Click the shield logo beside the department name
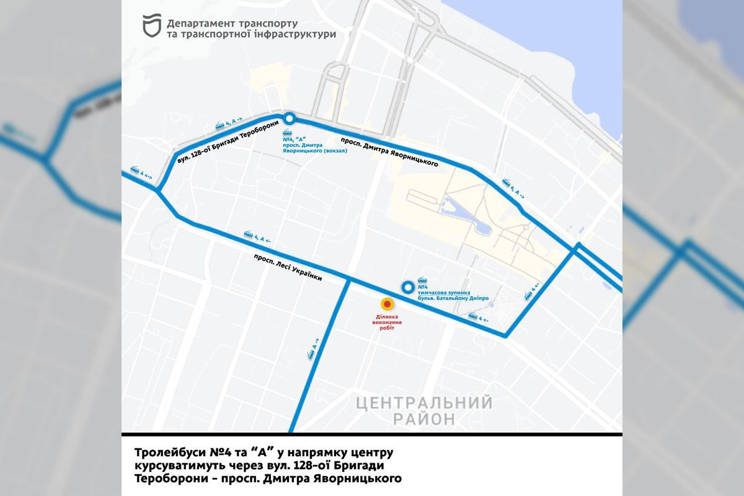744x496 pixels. [151, 26]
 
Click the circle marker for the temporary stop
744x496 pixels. [407, 286]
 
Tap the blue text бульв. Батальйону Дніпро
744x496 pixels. [453, 298]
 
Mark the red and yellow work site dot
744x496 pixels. [387, 304]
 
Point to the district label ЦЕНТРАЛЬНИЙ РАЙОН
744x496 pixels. [424, 410]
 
